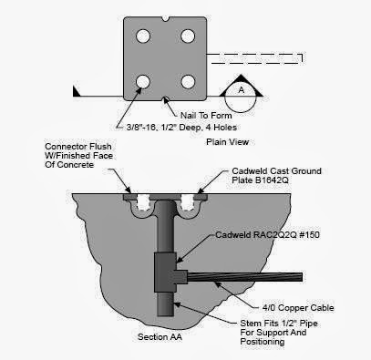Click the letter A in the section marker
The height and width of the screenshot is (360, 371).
[240, 90]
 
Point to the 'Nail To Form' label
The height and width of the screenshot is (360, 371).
[206, 115]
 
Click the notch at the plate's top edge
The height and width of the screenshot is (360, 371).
[165, 17]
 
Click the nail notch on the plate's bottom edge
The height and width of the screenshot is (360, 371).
[165, 98]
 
